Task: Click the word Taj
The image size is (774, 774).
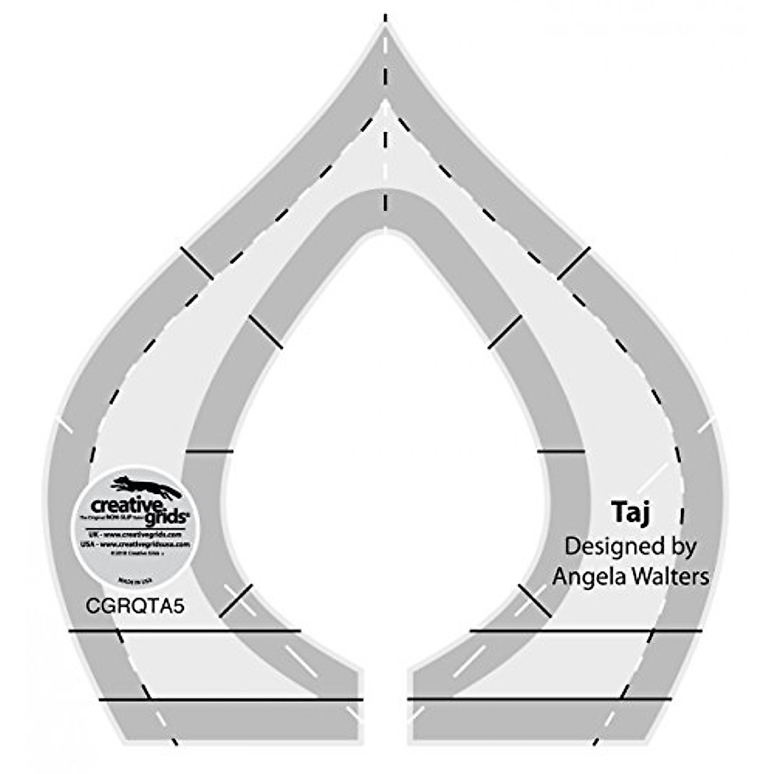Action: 630,513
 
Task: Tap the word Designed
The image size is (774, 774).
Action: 606,546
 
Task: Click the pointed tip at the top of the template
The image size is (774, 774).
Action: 385,26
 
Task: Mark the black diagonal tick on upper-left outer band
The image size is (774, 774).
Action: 197,263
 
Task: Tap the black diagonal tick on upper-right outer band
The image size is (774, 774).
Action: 573,263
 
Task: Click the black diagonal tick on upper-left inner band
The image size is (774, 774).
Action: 265,332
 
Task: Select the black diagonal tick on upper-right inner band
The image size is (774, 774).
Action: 505,332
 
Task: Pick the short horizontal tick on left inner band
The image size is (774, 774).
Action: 209,451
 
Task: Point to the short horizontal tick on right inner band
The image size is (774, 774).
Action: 561,451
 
